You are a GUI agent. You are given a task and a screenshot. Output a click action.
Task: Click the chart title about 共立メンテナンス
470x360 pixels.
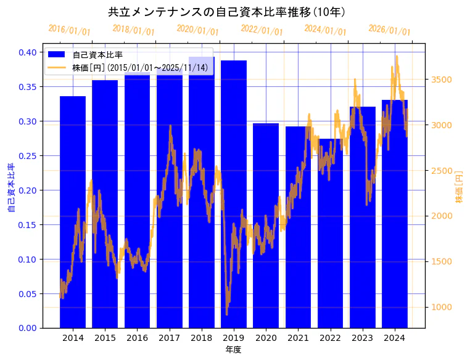226,12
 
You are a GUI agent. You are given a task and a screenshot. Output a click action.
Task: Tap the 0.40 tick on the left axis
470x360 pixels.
27,52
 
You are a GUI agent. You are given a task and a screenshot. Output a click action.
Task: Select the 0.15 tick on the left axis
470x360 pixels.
27,225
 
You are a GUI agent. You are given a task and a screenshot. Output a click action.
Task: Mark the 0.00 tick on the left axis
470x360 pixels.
27,328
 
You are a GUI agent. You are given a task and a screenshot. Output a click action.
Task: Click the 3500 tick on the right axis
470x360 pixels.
442,80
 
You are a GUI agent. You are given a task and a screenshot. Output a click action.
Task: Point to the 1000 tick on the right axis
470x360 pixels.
442,307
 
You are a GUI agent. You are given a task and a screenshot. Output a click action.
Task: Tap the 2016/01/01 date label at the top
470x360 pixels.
69,30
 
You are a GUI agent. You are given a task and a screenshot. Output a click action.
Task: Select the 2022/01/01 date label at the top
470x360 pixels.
262,30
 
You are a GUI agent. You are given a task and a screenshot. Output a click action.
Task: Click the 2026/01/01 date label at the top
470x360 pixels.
389,30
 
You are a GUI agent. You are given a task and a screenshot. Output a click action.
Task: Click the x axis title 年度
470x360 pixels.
233,350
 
